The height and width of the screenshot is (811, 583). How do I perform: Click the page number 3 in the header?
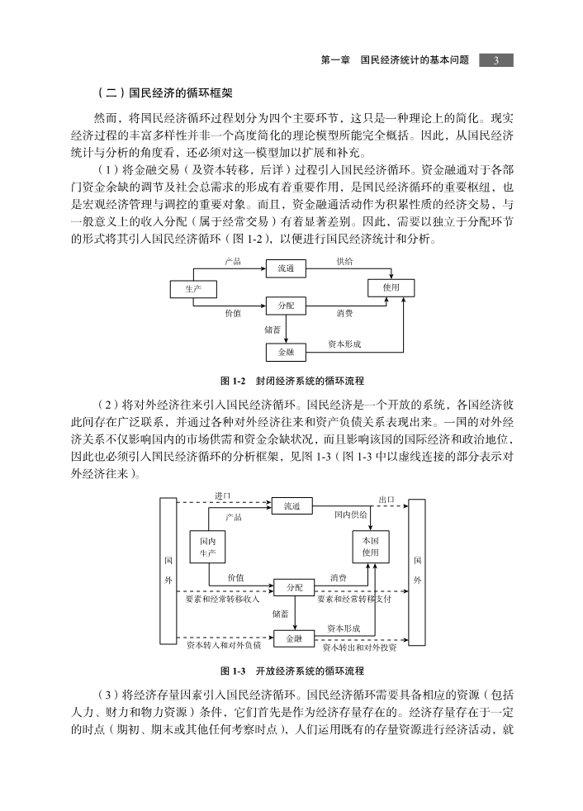495,60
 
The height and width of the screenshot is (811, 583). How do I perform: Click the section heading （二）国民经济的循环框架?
164,93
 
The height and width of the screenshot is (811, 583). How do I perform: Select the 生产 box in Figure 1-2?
193,289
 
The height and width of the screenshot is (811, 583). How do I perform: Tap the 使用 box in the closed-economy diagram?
391,287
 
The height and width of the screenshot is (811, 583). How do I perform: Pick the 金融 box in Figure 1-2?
286,352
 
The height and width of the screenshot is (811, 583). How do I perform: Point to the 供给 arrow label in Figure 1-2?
344,262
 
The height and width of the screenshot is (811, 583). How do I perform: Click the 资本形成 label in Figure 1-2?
344,344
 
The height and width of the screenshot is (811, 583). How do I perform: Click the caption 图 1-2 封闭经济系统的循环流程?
291,382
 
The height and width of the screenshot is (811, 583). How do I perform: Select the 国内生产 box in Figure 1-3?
207,548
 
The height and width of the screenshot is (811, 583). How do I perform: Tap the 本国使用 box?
371,546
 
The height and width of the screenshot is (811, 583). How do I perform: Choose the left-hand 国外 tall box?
168,571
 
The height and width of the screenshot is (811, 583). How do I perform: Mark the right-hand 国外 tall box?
417,572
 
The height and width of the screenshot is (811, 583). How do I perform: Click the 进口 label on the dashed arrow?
223,496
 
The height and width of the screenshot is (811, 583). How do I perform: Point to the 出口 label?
386,500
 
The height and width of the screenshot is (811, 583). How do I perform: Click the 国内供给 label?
351,515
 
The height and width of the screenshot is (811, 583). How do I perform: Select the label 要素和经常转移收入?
222,599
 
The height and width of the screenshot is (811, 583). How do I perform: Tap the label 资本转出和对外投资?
359,647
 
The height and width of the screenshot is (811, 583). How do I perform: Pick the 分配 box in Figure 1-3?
294,587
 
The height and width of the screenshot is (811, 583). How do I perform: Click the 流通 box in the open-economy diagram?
291,506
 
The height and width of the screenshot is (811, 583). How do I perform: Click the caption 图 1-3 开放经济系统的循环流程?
291,671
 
